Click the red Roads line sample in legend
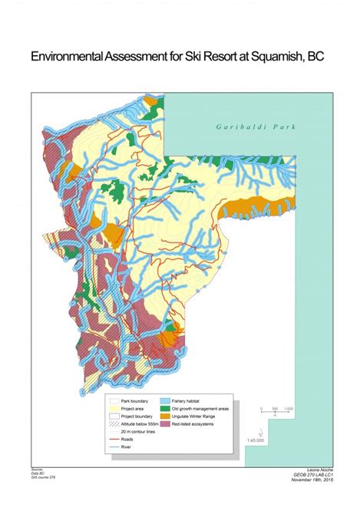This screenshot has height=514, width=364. point(116,440)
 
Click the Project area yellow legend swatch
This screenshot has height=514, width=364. point(116,408)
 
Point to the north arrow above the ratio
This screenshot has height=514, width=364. point(263,430)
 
